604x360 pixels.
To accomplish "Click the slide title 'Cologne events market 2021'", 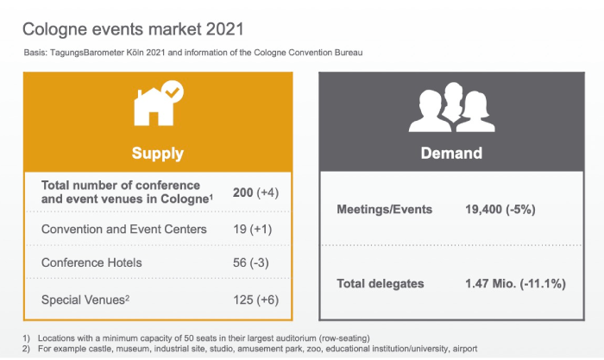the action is coord(133,29).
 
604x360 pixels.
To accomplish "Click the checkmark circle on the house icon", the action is coord(173,92).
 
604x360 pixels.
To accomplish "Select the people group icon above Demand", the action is coord(451,107).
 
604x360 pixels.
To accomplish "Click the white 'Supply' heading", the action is coord(158,153).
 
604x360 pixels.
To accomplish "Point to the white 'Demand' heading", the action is coord(451,153).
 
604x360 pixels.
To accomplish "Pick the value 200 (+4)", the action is coord(255,193).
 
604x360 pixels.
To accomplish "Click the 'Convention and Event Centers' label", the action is coord(124,230).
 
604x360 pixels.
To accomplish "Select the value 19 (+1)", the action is coord(252,230).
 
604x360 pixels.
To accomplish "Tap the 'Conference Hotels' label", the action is coord(91,262).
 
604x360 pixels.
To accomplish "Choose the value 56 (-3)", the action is coord(251,262).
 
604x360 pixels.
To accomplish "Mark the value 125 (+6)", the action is coord(255,300).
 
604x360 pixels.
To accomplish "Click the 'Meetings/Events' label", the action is coord(385,209).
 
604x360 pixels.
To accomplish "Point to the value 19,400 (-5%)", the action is coord(500,209).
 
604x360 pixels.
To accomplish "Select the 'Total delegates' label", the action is coord(381,284).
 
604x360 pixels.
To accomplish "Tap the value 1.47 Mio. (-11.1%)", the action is coord(515,284).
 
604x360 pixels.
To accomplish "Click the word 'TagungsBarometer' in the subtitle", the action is coord(87,53).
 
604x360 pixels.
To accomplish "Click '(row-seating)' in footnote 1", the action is coord(344,338).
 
